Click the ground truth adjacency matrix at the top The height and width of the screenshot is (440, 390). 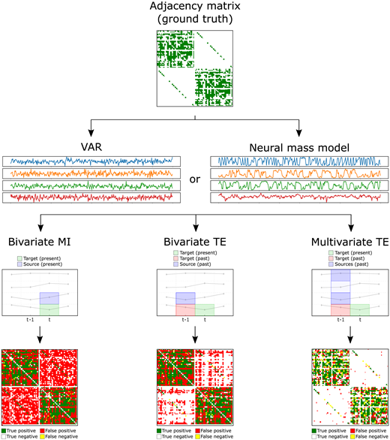pos(194,69)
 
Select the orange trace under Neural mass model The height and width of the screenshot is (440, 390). pos(299,173)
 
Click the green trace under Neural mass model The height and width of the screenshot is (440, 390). pos(299,185)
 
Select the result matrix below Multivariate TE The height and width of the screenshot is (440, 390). pos(351,385)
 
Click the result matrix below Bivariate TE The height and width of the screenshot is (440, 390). pos(194,385)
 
